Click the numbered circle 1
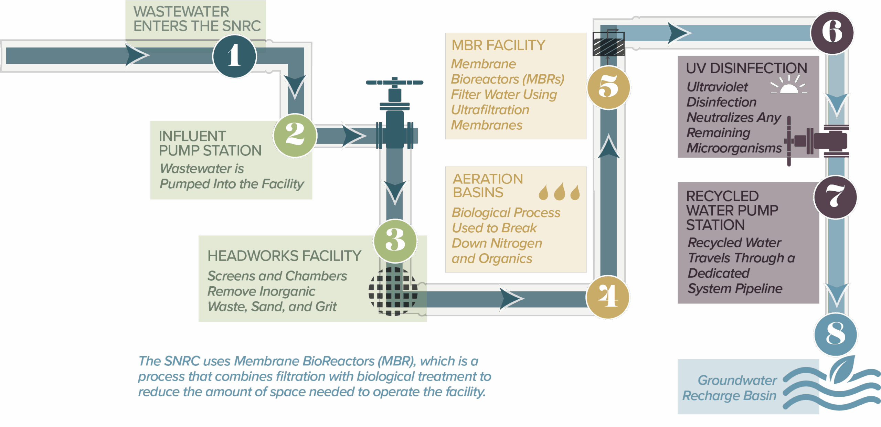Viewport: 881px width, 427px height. (x=234, y=56)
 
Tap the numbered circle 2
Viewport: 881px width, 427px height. (x=295, y=135)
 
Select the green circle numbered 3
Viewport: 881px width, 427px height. (x=395, y=241)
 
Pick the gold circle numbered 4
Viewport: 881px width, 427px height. (x=608, y=297)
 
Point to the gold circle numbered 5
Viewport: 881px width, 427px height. (x=608, y=87)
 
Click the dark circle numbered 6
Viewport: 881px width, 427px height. (x=832, y=32)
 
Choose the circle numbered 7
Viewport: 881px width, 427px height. (x=835, y=197)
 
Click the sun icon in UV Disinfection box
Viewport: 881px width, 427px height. (x=789, y=86)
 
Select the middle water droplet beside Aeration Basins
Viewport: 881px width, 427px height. (x=559, y=192)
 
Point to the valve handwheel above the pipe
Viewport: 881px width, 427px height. (x=394, y=83)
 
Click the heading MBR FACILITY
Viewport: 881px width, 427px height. (x=498, y=45)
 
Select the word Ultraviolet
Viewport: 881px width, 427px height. (x=717, y=87)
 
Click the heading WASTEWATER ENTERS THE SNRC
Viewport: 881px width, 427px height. (x=197, y=19)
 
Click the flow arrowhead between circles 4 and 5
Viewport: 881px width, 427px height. (x=608, y=146)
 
